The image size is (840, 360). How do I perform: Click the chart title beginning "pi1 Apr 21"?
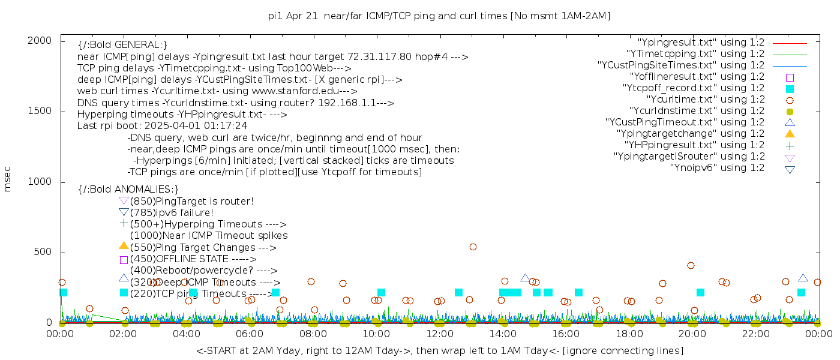(x=439, y=16)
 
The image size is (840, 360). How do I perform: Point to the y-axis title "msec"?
(x=8, y=179)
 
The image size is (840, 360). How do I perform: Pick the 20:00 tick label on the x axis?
(x=692, y=334)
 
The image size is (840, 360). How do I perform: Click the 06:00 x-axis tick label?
(x=250, y=334)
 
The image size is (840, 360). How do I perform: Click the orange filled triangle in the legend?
(x=790, y=133)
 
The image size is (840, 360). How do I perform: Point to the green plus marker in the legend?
(x=790, y=145)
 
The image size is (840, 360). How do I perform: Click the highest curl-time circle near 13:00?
(x=473, y=247)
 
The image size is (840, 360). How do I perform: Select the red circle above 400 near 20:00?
(x=691, y=265)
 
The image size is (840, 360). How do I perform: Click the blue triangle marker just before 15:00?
(x=525, y=278)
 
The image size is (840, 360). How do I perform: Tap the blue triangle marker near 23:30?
(x=803, y=278)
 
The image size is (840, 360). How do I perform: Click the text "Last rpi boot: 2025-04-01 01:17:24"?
(x=162, y=126)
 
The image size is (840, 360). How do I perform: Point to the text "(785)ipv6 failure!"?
(x=172, y=213)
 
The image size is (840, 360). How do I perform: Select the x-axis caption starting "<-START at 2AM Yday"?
(x=439, y=350)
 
